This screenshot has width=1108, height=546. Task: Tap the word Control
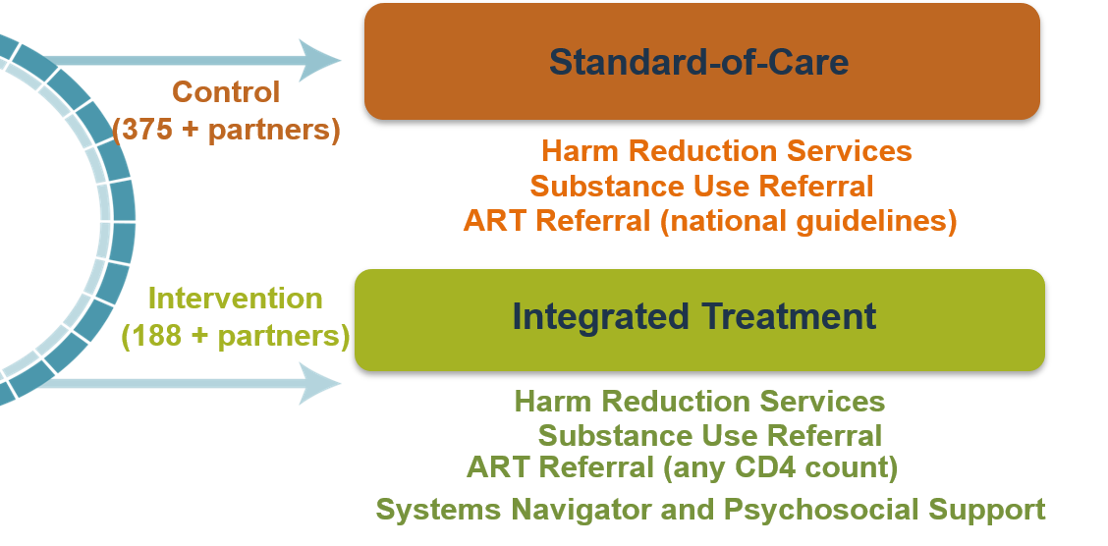point(226,92)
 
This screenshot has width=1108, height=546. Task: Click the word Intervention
point(235,299)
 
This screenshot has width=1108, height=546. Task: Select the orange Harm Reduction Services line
point(726,151)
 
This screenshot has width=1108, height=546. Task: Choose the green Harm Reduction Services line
point(699,402)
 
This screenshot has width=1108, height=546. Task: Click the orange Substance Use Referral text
point(701,187)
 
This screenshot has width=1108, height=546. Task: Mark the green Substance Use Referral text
point(709,435)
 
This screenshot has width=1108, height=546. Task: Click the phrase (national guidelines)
point(807,221)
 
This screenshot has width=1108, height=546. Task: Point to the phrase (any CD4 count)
point(780,467)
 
